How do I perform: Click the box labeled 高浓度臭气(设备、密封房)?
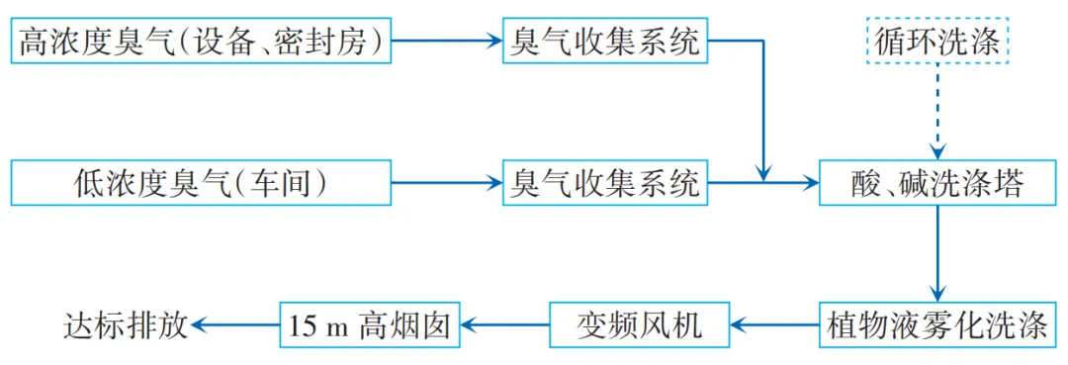click(x=200, y=42)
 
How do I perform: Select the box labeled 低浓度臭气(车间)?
click(x=200, y=183)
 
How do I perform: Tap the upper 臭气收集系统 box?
click(x=605, y=42)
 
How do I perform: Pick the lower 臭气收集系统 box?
click(x=605, y=183)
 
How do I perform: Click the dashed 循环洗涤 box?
click(x=940, y=42)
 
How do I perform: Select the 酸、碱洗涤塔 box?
click(x=940, y=183)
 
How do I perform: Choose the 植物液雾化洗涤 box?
click(x=939, y=322)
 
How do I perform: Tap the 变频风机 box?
click(x=639, y=322)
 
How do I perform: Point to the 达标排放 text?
click(x=126, y=322)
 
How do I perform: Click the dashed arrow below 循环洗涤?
click(x=940, y=109)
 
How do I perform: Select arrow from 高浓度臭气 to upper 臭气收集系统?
click(x=445, y=42)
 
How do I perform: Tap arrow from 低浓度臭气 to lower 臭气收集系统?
click(x=445, y=183)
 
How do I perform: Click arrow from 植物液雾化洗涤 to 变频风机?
click(x=775, y=322)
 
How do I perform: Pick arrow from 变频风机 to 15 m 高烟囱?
click(x=506, y=322)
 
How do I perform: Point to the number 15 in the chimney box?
click(x=302, y=323)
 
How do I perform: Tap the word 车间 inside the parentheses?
click(x=285, y=183)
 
